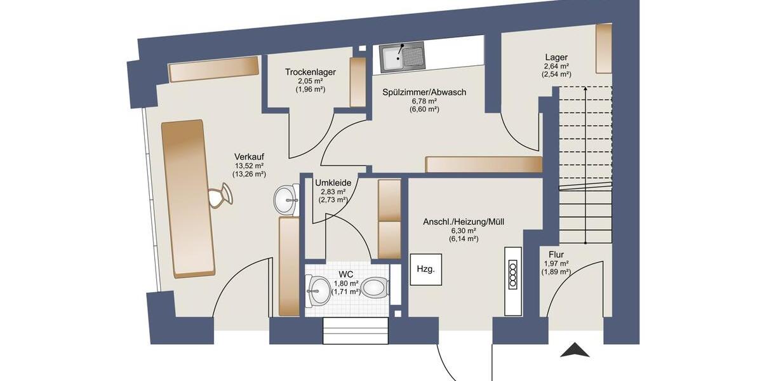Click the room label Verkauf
(249, 157)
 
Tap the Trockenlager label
(311, 72)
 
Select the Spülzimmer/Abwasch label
(424, 92)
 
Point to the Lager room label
(556, 57)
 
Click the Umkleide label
(333, 182)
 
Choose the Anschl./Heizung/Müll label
(464, 222)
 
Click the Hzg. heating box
(425, 269)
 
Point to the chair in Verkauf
(220, 194)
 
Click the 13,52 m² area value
(249, 166)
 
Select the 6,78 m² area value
(424, 101)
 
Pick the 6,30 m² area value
(464, 231)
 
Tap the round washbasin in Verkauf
(287, 199)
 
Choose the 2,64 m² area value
(556, 66)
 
